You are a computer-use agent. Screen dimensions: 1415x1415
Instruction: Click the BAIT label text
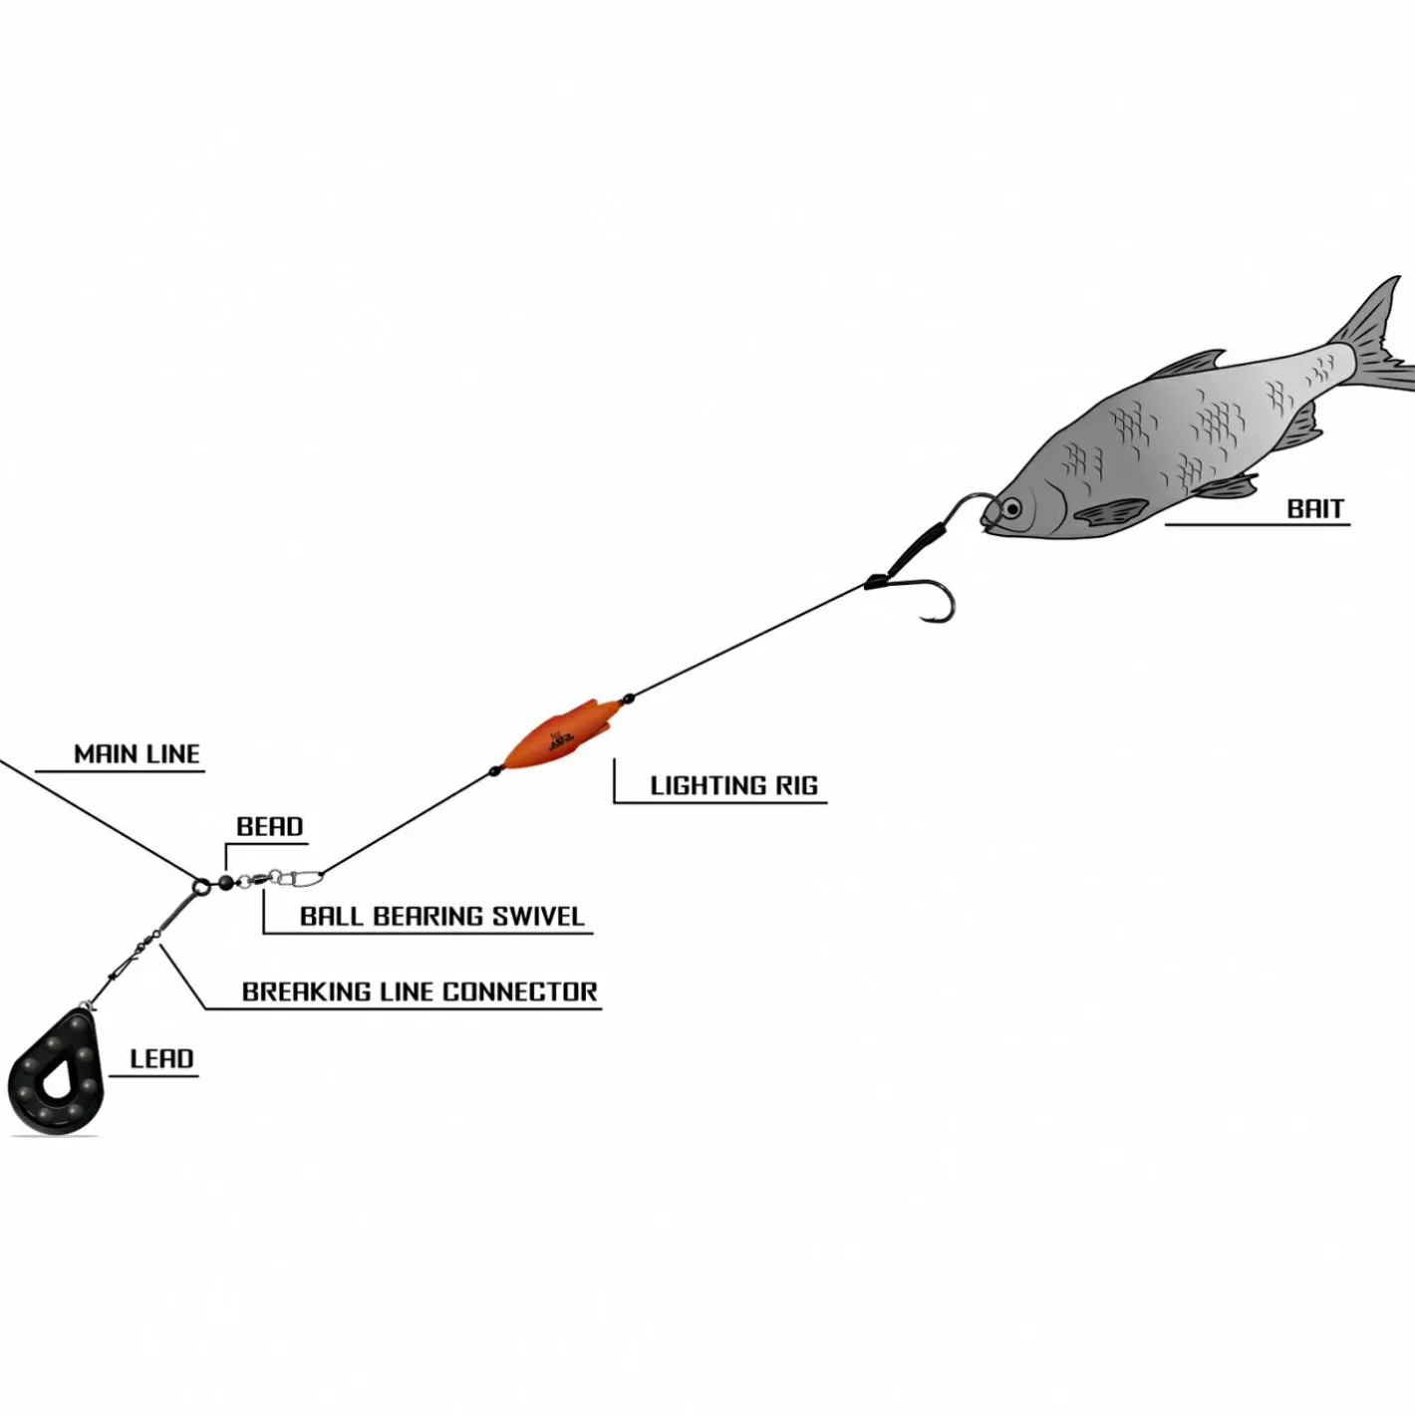coord(1315,509)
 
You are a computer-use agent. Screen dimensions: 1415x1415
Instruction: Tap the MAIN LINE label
coord(138,754)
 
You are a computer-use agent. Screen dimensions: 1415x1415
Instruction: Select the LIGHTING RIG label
coord(733,785)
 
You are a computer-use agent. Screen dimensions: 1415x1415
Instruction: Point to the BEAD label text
coord(269,827)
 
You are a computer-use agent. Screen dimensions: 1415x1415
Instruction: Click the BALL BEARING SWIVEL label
coord(442,917)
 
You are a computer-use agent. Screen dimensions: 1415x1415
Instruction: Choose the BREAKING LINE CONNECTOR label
coord(421,992)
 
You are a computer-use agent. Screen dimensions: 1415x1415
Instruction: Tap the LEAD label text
coord(161,1059)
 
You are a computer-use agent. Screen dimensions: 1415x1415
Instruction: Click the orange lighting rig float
coord(560,735)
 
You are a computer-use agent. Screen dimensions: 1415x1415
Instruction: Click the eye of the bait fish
coord(1012,507)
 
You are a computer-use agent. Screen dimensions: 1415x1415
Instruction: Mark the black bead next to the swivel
coord(225,882)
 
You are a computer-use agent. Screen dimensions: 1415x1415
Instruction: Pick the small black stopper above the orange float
coord(628,697)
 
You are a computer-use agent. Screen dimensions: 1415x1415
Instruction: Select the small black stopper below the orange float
coord(495,771)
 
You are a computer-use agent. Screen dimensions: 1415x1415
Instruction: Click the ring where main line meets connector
coord(200,886)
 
